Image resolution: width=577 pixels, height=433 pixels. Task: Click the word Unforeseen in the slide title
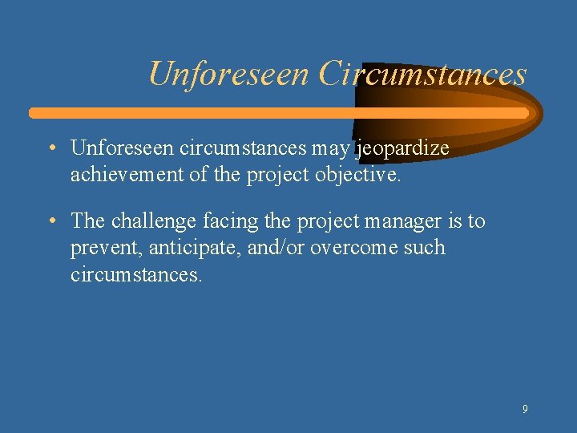(x=229, y=75)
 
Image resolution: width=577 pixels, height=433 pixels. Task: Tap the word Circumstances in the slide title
(x=422, y=75)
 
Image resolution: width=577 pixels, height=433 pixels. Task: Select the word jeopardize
(x=402, y=148)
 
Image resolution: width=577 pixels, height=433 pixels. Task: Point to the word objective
(x=359, y=175)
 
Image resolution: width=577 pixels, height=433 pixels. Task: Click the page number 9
(x=525, y=409)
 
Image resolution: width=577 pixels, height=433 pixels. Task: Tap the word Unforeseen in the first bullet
(x=123, y=148)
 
